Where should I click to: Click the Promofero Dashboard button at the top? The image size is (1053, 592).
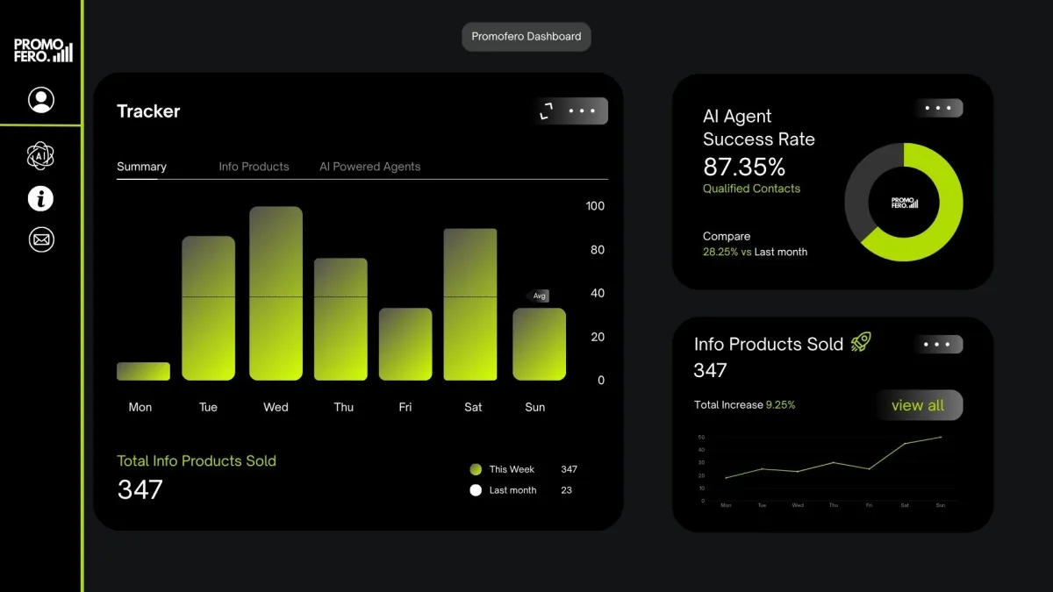click(526, 37)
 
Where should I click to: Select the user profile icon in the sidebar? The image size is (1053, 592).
click(41, 100)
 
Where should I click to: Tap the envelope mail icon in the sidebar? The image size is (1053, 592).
click(41, 239)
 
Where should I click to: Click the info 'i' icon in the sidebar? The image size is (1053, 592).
click(41, 199)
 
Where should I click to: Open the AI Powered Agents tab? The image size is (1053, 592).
click(369, 167)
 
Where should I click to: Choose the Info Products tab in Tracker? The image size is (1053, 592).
click(254, 167)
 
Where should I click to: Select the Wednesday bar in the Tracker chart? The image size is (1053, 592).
click(276, 294)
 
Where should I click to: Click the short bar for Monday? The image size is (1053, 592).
click(143, 371)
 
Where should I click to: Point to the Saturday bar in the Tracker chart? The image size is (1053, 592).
click(470, 304)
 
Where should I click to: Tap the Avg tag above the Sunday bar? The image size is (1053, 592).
click(539, 296)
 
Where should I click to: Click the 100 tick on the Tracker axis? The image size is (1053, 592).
click(595, 206)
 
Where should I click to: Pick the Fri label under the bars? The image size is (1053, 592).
click(405, 407)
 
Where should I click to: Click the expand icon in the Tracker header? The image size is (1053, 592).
click(547, 111)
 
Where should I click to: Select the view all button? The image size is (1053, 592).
click(918, 405)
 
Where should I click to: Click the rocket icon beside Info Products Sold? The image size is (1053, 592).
click(861, 342)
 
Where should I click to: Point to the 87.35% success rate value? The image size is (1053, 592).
click(744, 167)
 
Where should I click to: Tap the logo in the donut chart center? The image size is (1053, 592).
click(904, 202)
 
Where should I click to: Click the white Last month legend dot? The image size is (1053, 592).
click(476, 490)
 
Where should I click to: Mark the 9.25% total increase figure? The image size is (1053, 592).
click(780, 405)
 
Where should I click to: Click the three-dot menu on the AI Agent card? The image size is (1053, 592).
click(938, 109)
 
